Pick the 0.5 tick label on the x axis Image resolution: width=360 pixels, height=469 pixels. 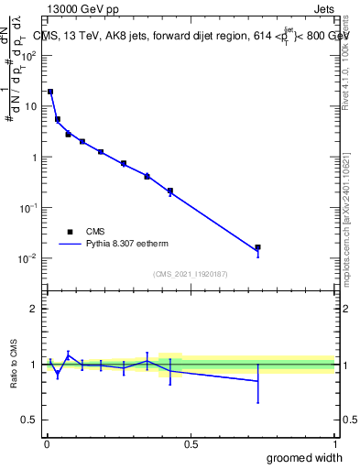[191, 444]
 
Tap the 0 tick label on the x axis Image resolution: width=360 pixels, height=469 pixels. [46, 444]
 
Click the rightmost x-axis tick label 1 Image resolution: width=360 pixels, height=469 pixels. [334, 444]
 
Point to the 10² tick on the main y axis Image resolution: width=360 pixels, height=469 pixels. [28, 55]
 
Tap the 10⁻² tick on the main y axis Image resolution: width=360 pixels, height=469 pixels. [28, 258]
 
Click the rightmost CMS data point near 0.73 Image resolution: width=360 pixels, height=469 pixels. [258, 247]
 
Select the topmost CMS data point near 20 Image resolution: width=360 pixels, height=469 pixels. [50, 92]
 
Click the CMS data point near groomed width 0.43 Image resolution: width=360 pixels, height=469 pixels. [170, 191]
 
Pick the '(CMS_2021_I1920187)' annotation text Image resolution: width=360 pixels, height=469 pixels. [190, 273]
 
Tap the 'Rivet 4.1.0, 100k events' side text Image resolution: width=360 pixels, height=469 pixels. [348, 69]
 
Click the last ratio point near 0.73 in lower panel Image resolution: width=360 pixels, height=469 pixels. [258, 381]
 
